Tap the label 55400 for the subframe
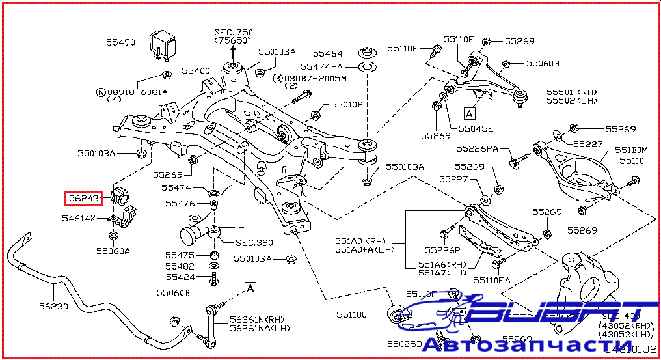pyautogui.click(x=195, y=70)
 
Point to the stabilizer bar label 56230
pyautogui.click(x=53, y=306)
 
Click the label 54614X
pyautogui.click(x=79, y=218)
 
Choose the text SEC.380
pyautogui.click(x=254, y=242)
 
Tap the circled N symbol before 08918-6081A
pyautogui.click(x=100, y=92)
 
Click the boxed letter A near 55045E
pyautogui.click(x=470, y=113)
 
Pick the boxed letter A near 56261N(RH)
pyautogui.click(x=250, y=287)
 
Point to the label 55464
pyautogui.click(x=327, y=53)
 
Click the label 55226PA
pyautogui.click(x=477, y=149)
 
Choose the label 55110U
pyautogui.click(x=352, y=315)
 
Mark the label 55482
pyautogui.click(x=179, y=266)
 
